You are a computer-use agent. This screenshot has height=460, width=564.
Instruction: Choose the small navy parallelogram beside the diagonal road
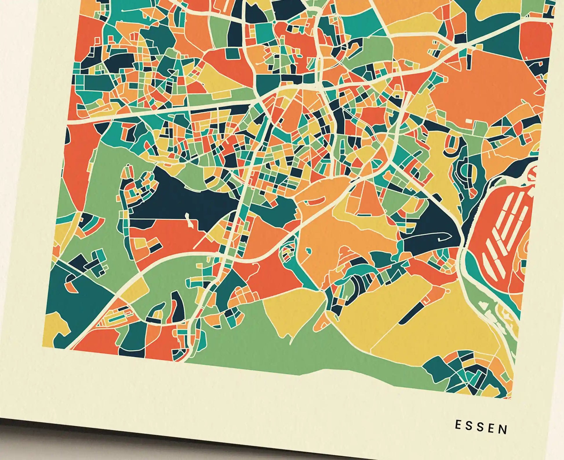tap(438, 197)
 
